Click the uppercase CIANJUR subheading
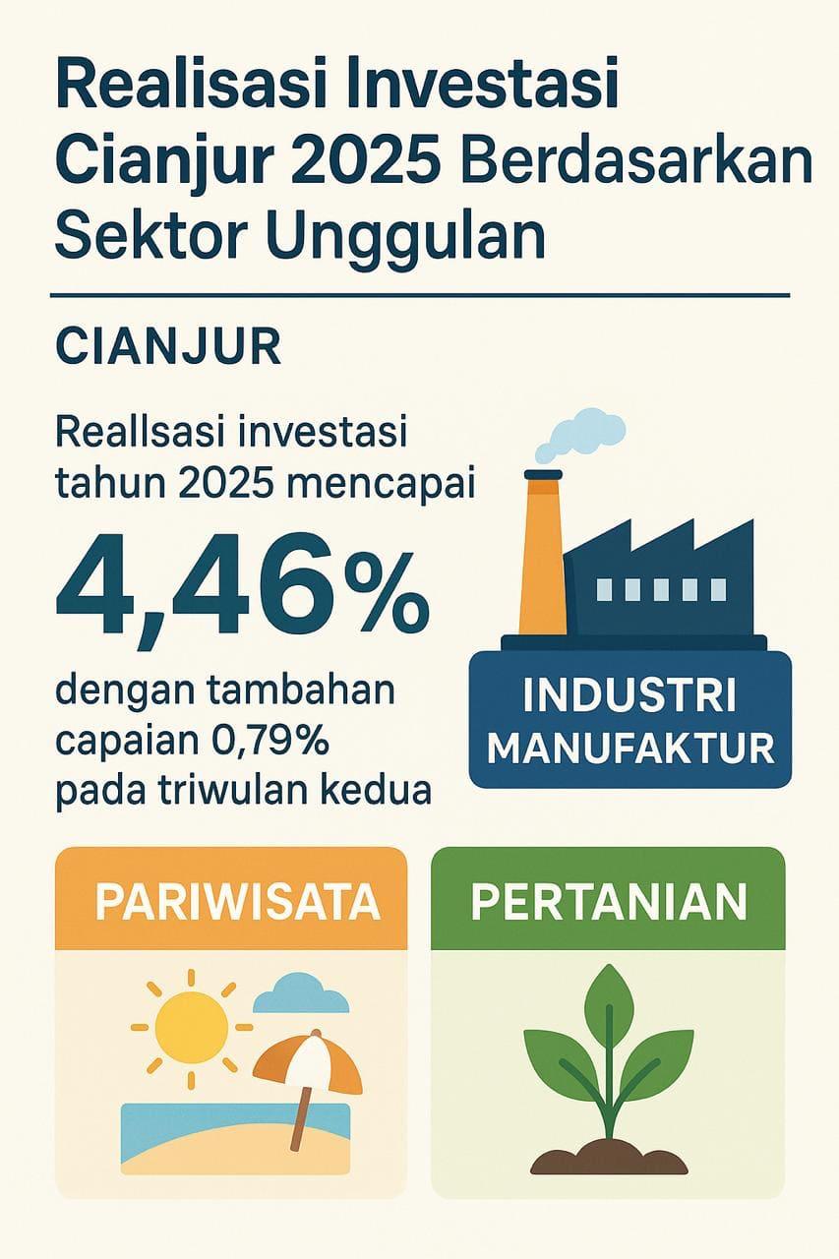click(x=168, y=348)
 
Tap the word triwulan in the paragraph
click(x=271, y=791)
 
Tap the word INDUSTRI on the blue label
click(x=629, y=695)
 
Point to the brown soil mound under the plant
click(x=609, y=1158)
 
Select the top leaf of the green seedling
click(x=609, y=1007)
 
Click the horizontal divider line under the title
click(x=420, y=295)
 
